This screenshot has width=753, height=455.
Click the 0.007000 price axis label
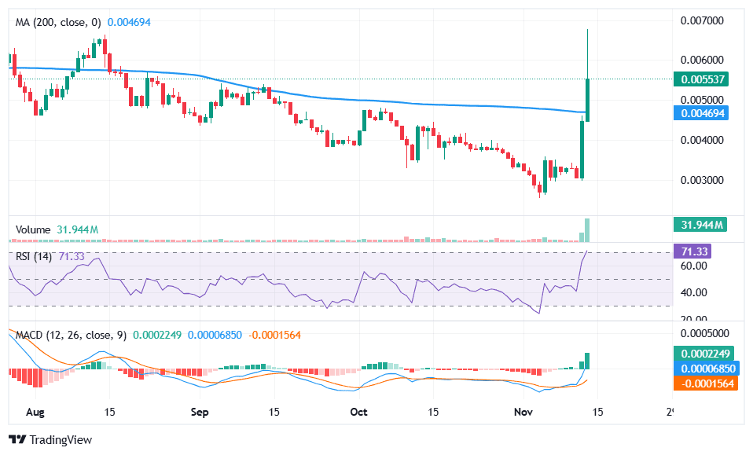coord(703,20)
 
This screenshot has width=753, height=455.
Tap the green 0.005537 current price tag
coord(703,79)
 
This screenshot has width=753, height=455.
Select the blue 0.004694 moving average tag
coord(703,113)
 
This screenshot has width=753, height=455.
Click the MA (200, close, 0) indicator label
coord(58,23)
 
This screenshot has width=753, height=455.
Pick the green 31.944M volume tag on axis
coord(703,226)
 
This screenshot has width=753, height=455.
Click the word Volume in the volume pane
coord(33,229)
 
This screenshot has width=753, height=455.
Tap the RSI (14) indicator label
coord(34,256)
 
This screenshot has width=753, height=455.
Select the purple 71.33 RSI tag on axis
coord(696,251)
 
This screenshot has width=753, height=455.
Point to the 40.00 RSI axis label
coord(696,292)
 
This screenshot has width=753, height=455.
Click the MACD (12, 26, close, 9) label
coord(71,335)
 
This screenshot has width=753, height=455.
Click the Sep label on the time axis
coord(200,411)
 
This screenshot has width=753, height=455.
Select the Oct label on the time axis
coord(359,411)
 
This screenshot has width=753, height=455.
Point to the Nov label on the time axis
coord(522,411)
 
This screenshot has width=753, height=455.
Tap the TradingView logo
coord(50,439)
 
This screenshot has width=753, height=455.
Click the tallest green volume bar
coord(588,229)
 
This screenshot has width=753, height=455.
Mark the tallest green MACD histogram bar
coord(588,361)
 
